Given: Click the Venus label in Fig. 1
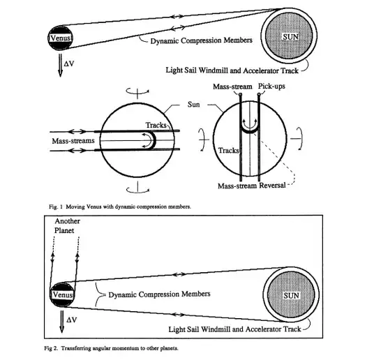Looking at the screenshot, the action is coord(61,38).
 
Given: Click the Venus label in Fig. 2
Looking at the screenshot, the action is coord(63,294).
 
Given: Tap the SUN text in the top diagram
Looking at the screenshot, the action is coord(290,37).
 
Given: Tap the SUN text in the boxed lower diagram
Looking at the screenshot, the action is coord(292,295).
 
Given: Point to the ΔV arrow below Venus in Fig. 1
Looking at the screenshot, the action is coord(60,66).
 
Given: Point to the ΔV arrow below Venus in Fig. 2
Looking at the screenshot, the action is coord(62,322).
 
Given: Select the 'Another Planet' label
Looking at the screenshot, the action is coord(67,225).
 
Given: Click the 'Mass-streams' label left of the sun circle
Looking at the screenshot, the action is coord(73,141).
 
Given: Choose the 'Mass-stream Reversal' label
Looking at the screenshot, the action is coord(252,186).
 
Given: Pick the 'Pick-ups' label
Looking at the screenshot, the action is coord(271,87).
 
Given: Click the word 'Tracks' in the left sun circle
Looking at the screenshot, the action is coord(156,125).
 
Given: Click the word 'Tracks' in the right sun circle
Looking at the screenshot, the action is coord(228,150).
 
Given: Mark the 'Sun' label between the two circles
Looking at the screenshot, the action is coord(193,105).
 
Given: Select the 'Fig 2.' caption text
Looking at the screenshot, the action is coord(51,348).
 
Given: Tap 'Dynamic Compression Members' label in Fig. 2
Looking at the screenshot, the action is coord(159,294).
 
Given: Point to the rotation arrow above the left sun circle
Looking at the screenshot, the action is coord(137,92).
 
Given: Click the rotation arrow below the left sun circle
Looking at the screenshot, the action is coord(137,189).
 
